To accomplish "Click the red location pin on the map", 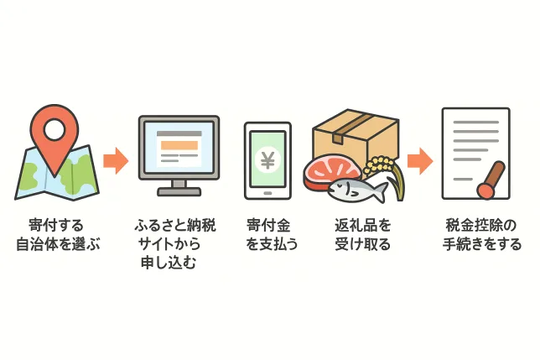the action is (x=54, y=138).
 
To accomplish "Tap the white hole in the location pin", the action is (x=55, y=129).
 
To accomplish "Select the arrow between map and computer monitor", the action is (x=116, y=161).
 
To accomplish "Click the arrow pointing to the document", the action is (x=420, y=161).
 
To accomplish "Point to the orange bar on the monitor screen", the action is (x=179, y=145).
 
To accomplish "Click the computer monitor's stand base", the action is (x=179, y=191).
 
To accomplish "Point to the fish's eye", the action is (x=340, y=186).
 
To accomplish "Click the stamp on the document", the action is (x=491, y=180).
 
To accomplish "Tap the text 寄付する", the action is (x=56, y=225).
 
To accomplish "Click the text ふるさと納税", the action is (x=175, y=225).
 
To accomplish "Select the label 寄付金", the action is (x=268, y=225).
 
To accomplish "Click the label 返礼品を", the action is (x=363, y=225).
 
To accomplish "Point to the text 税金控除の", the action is (x=481, y=225).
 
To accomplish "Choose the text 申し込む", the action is (x=169, y=263).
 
